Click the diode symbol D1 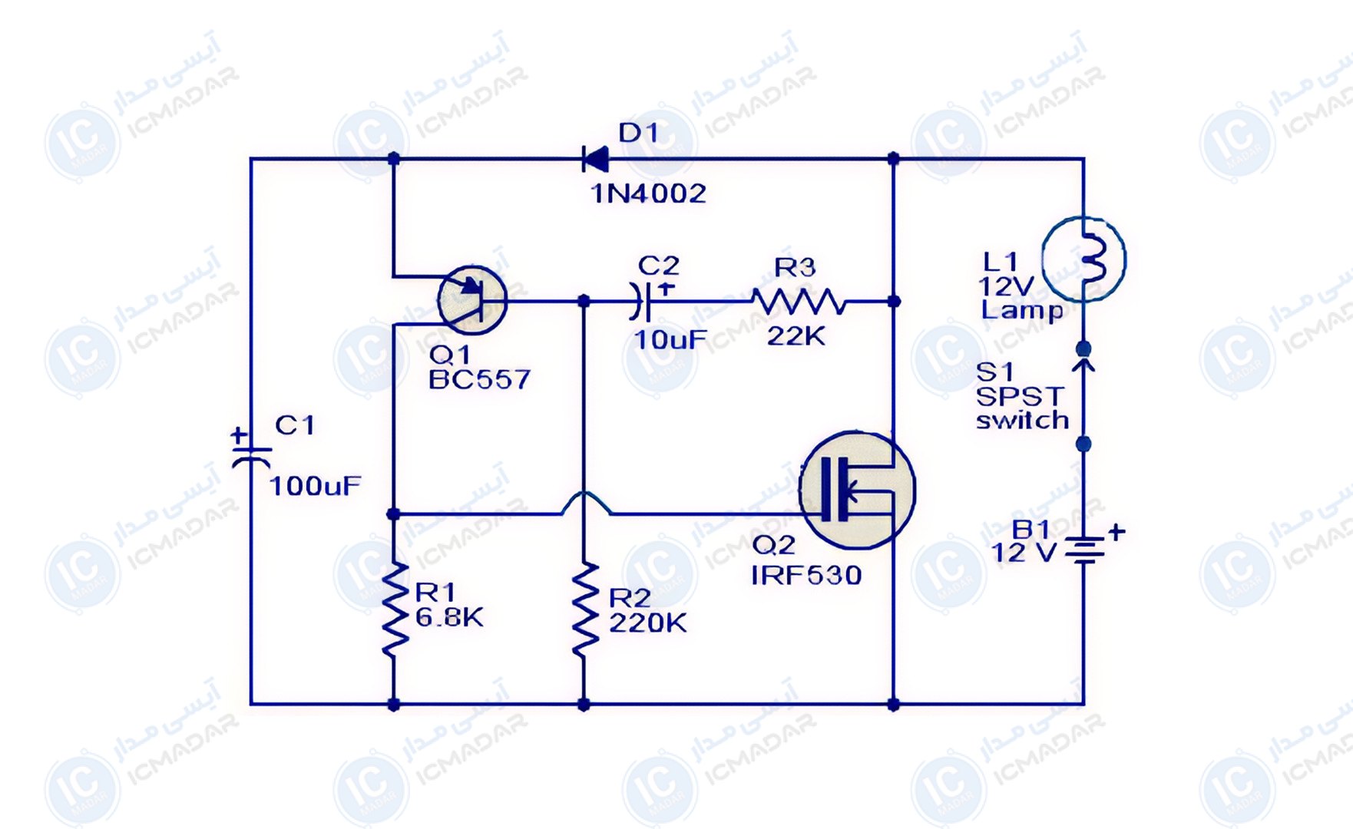595,160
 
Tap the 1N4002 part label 649,193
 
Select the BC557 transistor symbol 472,300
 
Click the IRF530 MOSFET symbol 857,490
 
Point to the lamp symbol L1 1084,259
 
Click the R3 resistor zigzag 799,302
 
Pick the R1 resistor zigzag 394,609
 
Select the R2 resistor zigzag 584,609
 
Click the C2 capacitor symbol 643,301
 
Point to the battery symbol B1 1084,550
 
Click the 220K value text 647,623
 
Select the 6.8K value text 450,617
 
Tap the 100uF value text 315,486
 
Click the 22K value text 796,335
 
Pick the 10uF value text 670,339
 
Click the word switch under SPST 1022,421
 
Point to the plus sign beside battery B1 1116,530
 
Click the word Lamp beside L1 1022,311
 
